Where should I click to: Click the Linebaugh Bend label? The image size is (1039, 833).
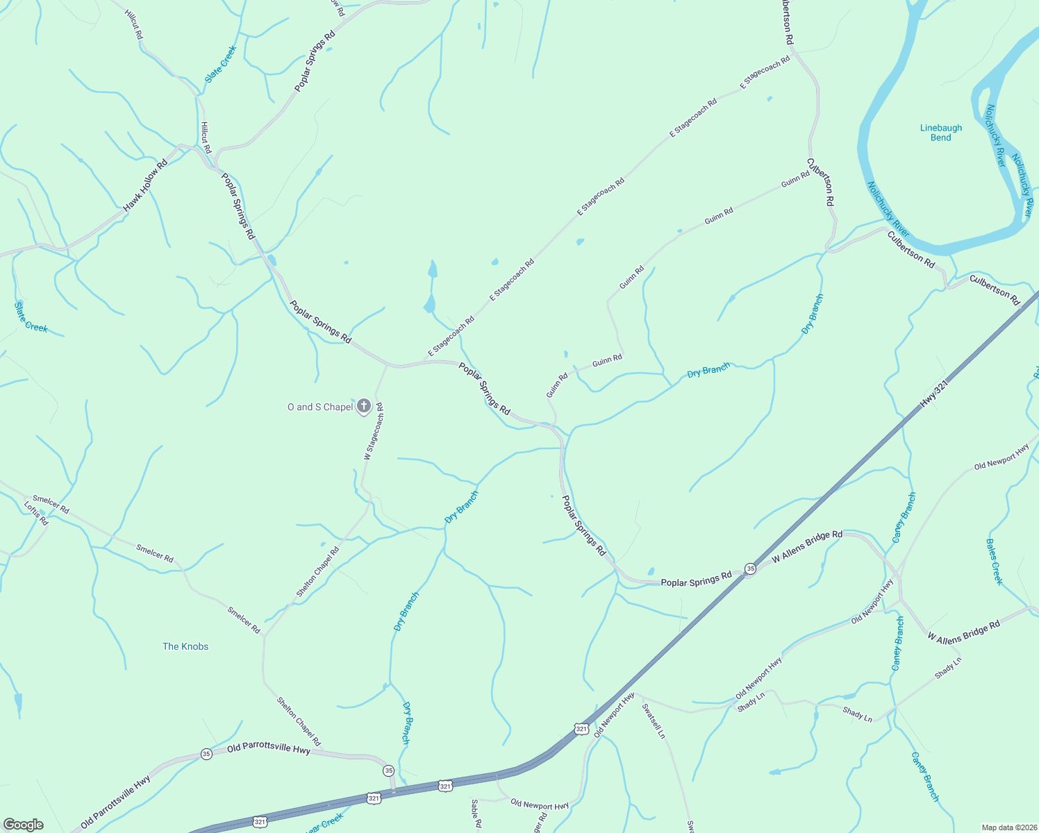coord(940,133)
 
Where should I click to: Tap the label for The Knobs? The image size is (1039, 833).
coord(185,646)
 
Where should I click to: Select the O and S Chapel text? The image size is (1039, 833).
coord(320,407)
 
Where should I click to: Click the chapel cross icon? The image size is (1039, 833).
coord(363,407)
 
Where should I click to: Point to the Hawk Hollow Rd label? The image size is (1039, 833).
coord(146,186)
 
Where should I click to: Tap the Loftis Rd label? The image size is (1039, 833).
coord(36,513)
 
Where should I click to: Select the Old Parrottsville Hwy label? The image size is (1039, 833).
coord(269,750)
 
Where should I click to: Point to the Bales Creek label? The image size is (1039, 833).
coord(995,562)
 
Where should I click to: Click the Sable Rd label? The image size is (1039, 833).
coord(476,814)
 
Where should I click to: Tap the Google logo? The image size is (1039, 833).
coord(23,825)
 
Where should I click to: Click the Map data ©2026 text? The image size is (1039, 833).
coord(1009,827)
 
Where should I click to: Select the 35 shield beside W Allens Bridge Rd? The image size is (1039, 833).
coord(750,569)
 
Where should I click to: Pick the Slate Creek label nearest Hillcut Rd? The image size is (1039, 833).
coord(221,64)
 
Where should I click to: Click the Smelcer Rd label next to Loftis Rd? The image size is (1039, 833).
coord(51,505)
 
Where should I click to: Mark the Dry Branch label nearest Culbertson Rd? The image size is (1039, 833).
coord(812,314)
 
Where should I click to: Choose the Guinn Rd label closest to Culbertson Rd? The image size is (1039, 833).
coord(795,179)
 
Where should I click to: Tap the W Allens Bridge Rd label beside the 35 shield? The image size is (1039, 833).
coord(807,547)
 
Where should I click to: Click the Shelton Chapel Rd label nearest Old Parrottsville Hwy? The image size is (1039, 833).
coord(299,722)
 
